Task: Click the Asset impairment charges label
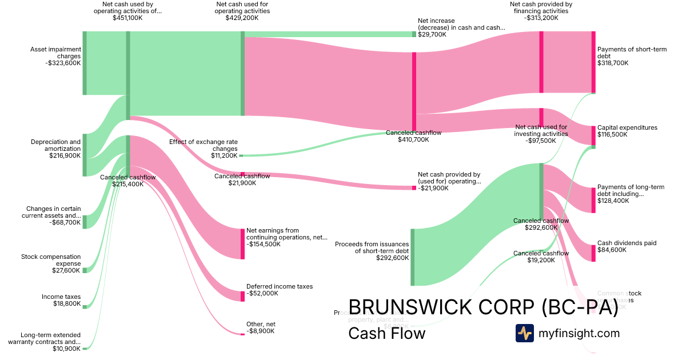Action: point(55,56)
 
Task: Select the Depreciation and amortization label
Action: point(55,149)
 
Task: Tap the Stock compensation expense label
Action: point(51,263)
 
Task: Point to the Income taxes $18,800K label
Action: point(61,301)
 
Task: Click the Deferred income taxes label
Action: point(280,290)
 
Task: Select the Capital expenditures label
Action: point(627,131)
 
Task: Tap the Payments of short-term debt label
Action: point(632,56)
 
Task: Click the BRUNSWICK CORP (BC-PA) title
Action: point(483,307)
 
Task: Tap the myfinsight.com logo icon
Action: point(524,333)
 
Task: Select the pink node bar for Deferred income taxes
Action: point(242,296)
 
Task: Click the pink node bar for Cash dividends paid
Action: point(593,253)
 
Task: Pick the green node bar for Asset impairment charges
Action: point(85,63)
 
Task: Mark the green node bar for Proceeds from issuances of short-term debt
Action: point(412,257)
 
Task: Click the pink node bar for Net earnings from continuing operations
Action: point(242,243)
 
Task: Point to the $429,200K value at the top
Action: point(242,18)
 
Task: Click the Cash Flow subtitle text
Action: point(386,333)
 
